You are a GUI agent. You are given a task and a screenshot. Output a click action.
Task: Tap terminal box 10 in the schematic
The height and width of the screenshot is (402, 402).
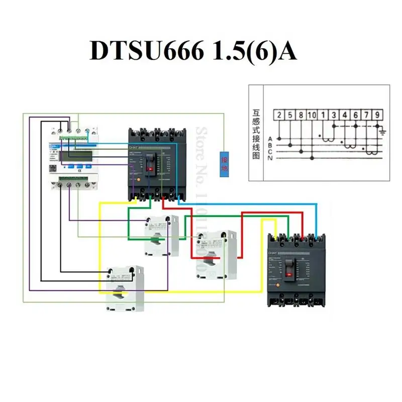(312, 115)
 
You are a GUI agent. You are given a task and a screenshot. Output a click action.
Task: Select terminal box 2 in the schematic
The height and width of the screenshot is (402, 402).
(279, 115)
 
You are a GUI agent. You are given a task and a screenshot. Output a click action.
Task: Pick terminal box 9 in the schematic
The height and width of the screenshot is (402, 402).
(377, 115)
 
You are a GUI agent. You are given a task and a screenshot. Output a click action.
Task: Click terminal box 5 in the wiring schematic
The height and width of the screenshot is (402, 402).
(290, 115)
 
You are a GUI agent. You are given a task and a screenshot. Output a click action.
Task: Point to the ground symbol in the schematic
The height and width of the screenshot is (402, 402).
(383, 132)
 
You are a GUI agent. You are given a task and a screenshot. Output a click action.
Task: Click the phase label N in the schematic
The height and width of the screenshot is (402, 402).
(270, 158)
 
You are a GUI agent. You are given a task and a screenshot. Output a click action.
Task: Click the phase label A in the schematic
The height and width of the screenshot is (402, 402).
(270, 138)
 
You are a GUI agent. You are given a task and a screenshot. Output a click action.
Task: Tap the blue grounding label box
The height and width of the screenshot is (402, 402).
(225, 164)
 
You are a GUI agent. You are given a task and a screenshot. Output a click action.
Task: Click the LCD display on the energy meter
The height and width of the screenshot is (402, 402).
(75, 156)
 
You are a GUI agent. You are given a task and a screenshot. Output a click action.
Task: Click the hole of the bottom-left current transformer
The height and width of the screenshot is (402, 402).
(119, 290)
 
